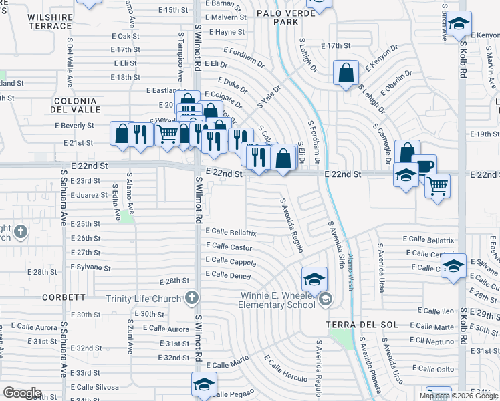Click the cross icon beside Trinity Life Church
tap(193, 298)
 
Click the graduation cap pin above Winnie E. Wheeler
tap(314, 279)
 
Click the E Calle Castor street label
tap(229, 247)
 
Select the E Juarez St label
tap(80, 195)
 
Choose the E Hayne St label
tap(227, 31)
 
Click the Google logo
tap(22, 394)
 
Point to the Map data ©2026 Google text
tap(459, 396)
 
